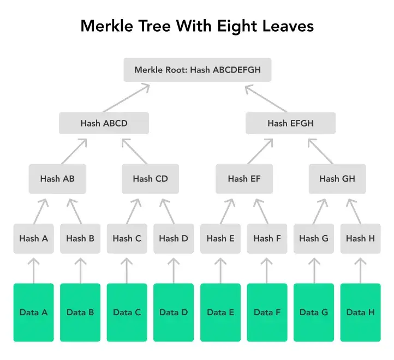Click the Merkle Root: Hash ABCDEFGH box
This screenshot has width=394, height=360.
click(x=197, y=70)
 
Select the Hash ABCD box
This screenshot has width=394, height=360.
click(x=104, y=123)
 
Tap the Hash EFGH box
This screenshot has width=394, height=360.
click(x=290, y=123)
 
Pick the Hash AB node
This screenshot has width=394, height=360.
click(x=57, y=178)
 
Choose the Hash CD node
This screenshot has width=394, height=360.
click(x=150, y=178)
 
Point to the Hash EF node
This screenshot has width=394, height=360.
click(x=244, y=178)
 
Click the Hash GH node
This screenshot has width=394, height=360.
click(x=337, y=178)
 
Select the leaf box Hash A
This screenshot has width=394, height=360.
click(x=34, y=238)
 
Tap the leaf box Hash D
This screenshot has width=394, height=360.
click(x=174, y=238)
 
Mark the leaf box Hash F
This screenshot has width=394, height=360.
click(x=267, y=238)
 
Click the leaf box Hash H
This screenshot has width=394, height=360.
click(x=360, y=238)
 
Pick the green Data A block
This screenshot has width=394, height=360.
click(x=34, y=313)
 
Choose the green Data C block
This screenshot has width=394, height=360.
click(x=127, y=313)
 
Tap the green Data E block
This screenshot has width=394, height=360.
click(x=220, y=313)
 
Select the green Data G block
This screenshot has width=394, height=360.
click(x=313, y=313)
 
